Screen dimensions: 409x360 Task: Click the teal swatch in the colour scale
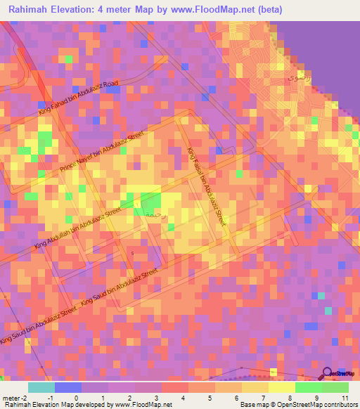[x=41, y=387]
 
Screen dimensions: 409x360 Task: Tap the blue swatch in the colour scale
[x=67, y=387]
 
